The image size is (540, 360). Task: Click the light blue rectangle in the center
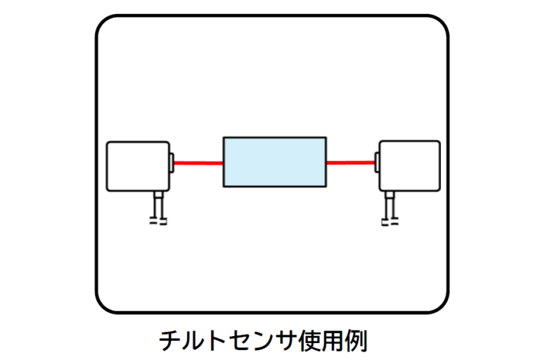(274, 162)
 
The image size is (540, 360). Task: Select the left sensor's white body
(137, 166)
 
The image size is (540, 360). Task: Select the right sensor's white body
(410, 166)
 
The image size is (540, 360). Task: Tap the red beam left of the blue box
(198, 163)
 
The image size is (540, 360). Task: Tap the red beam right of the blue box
(350, 163)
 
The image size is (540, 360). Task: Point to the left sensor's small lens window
(172, 162)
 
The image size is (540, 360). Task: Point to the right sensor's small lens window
(376, 162)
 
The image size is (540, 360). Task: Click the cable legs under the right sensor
(387, 206)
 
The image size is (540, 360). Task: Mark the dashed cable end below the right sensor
(387, 223)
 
